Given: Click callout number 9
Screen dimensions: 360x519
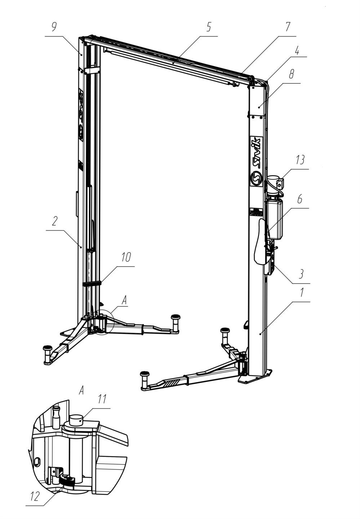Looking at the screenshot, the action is coord(54,27).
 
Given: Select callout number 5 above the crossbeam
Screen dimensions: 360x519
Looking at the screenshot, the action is coord(209,27).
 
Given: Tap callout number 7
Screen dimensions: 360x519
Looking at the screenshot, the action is coord(288,27).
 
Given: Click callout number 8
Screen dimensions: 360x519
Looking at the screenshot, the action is coord(292,75).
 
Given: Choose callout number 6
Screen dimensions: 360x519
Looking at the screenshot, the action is coord(300,199).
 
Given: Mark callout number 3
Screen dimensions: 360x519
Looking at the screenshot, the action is coord(301,274).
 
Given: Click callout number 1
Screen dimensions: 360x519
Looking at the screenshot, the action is coord(301,293).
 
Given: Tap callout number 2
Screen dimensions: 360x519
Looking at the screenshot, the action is coord(54,221).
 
